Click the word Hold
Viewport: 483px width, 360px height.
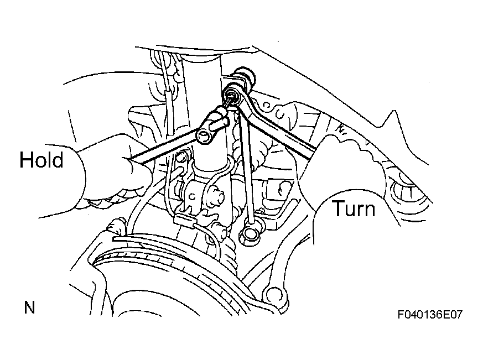41,159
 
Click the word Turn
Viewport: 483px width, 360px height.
354,208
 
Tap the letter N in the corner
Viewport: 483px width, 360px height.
29,307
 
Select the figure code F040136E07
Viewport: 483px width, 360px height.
430,315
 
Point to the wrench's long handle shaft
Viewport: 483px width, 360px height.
277,126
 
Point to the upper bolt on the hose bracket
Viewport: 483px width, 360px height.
181,158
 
